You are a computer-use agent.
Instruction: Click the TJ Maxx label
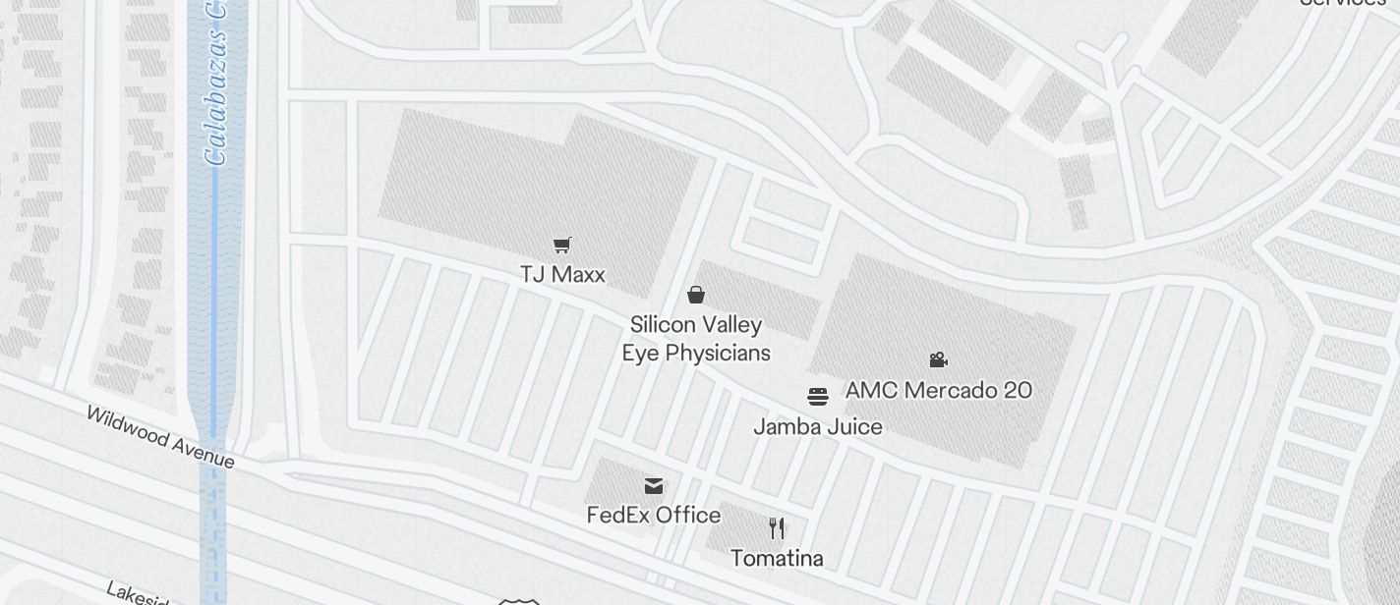(562, 274)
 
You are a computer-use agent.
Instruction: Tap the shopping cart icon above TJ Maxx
(562, 246)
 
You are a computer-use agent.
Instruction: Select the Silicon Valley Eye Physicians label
(696, 338)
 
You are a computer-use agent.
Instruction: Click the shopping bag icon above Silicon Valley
(696, 295)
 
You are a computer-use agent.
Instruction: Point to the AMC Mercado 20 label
(938, 390)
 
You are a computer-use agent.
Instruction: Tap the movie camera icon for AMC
(939, 360)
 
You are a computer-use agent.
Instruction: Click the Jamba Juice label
(818, 426)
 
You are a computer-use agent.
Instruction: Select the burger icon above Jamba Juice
(818, 397)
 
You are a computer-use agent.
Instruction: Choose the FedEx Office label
(654, 515)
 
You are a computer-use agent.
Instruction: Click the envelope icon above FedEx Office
(654, 485)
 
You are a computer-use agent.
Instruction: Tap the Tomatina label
(777, 558)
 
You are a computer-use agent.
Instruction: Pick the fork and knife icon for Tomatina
(777, 528)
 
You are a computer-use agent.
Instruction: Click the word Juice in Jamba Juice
(854, 426)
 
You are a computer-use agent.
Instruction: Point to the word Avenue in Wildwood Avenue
(203, 452)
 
